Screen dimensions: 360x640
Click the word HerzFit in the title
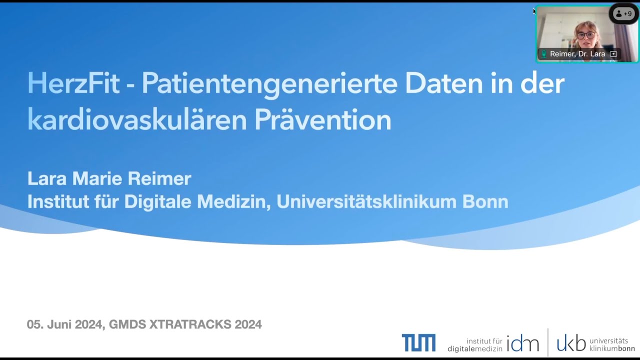tap(73, 83)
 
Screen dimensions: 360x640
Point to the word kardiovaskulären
tap(137, 120)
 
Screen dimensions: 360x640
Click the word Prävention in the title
tap(322, 120)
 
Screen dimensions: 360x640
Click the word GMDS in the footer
tap(127, 324)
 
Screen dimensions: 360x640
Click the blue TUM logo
tap(418, 343)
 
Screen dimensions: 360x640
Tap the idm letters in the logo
tap(522, 343)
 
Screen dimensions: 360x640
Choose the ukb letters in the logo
tap(571, 343)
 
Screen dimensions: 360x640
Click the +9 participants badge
tap(623, 14)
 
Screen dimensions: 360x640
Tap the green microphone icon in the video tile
tap(543, 54)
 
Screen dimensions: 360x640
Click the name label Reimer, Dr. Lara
tap(577, 54)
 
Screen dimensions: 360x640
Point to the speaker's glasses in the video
tap(586, 35)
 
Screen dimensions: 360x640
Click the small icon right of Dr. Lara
tap(613, 54)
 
